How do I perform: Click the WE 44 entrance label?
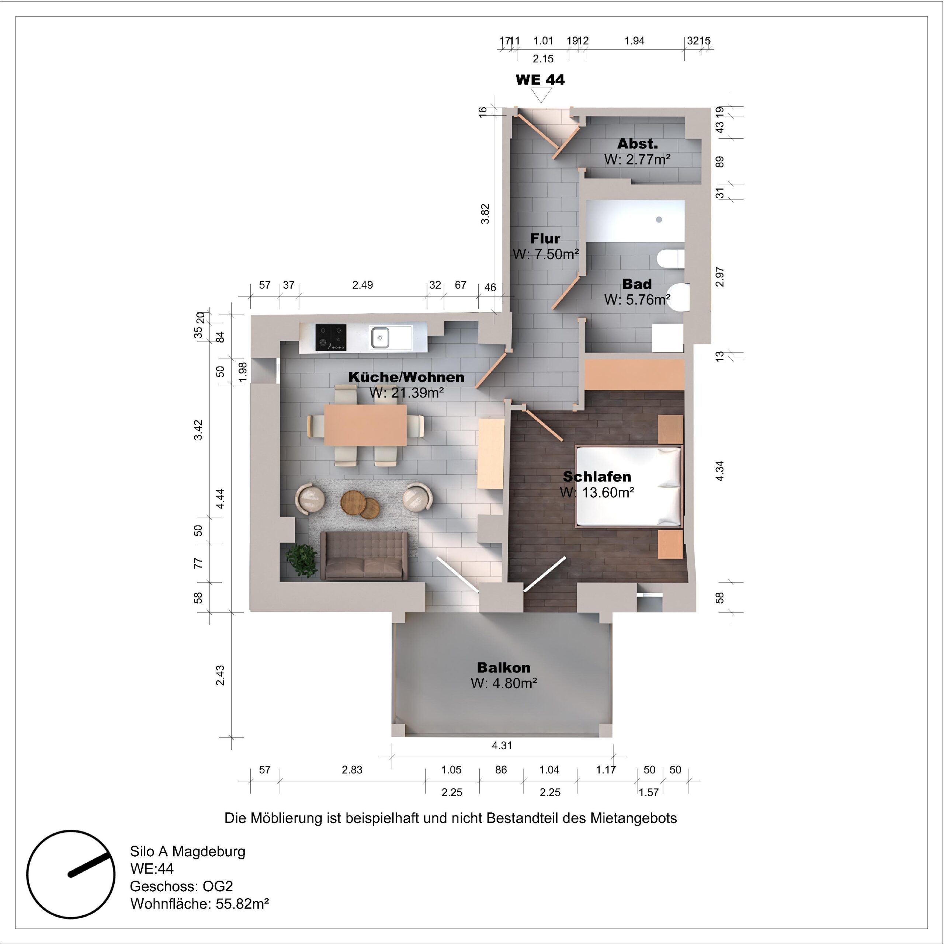(540, 80)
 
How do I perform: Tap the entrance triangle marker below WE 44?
(541, 96)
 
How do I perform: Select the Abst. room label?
(637, 144)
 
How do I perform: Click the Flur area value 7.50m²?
(546, 254)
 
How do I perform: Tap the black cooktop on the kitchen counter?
(331, 337)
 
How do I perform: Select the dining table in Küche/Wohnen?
(365, 424)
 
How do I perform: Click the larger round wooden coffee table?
(354, 502)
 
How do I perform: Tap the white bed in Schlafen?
(628, 486)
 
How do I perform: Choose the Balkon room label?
(503, 667)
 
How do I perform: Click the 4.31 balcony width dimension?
(502, 745)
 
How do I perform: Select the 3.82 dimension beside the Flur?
(485, 214)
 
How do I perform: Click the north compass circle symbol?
(71, 874)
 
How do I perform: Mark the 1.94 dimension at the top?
(634, 41)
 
